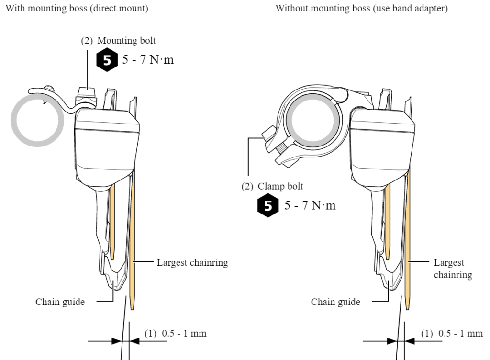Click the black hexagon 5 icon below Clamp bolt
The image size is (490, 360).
click(267, 206)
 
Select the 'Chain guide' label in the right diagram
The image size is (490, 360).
click(335, 302)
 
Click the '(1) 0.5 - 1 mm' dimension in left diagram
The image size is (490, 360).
click(175, 333)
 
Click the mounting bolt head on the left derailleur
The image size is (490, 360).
click(86, 90)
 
